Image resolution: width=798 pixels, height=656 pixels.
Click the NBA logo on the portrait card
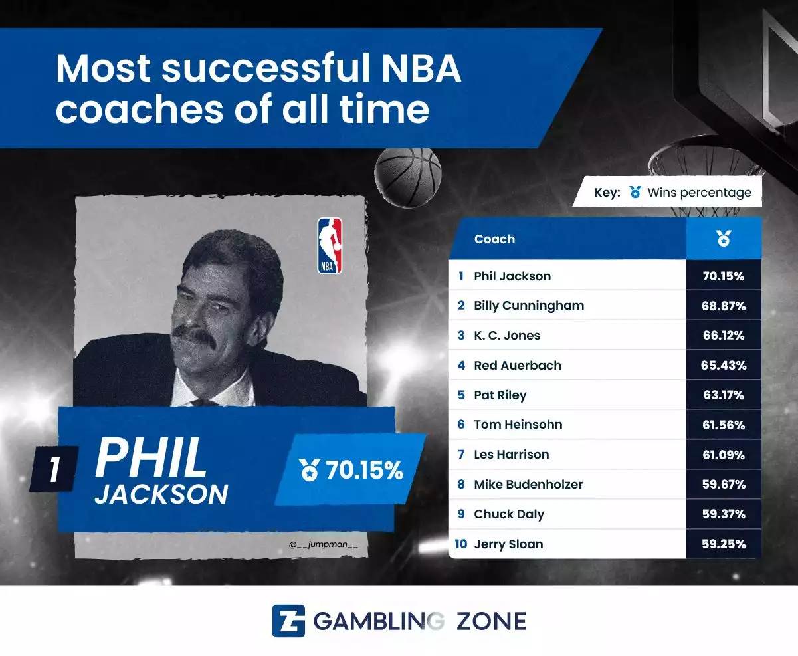tap(330, 246)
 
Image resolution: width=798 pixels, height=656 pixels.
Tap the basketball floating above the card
tap(408, 177)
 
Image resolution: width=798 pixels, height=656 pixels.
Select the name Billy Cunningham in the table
tap(529, 306)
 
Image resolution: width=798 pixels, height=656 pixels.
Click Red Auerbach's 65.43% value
tap(724, 366)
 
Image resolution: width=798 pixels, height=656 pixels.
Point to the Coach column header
tap(494, 239)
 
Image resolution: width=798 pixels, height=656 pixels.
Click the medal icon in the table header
tap(724, 239)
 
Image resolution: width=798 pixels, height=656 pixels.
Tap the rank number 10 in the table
tap(461, 544)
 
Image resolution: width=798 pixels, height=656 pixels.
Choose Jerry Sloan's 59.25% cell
tap(724, 544)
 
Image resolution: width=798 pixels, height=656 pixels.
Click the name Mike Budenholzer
tap(528, 484)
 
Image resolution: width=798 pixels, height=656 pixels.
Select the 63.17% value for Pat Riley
tap(724, 395)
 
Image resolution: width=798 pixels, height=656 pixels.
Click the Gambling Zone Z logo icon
tap(288, 621)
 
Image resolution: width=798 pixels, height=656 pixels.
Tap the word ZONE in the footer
tap(491, 621)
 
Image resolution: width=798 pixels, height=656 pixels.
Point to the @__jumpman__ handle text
tap(323, 544)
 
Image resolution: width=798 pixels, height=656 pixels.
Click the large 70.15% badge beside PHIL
tap(351, 469)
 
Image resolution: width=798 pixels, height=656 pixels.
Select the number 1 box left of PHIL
tap(54, 469)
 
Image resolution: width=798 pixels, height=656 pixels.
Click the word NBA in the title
tap(421, 68)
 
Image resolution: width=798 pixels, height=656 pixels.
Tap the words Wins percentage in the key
tap(699, 193)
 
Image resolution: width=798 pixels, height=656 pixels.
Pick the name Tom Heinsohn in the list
tap(518, 425)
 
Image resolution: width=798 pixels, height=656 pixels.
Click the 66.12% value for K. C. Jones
tap(724, 336)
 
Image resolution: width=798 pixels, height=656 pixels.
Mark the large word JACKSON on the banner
tap(161, 494)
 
